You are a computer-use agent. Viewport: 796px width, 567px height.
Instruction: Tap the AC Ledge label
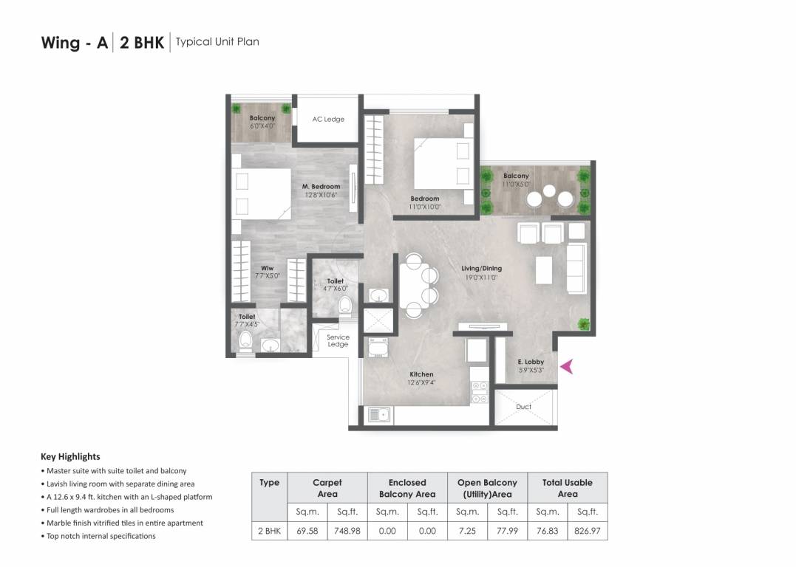tap(328, 119)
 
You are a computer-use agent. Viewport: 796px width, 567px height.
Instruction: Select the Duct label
tap(523, 407)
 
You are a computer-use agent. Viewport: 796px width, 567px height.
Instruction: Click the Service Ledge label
tap(338, 340)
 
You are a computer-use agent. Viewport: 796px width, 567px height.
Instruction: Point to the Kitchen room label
tap(421, 374)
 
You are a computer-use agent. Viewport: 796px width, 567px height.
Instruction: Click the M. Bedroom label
tap(321, 187)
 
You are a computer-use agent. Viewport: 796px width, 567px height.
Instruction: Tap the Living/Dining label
tap(481, 269)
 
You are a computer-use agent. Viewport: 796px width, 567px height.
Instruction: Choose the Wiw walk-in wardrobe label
tap(267, 268)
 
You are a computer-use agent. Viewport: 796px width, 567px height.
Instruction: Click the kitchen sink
tap(380, 415)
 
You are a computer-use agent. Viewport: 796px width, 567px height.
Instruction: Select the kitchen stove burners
tap(479, 391)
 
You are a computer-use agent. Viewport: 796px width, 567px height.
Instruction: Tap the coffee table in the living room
tap(543, 270)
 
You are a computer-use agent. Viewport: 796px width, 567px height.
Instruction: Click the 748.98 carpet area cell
tap(347, 530)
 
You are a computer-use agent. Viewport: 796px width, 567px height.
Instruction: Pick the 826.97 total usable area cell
tap(588, 530)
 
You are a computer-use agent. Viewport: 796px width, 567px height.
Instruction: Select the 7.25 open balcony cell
tap(467, 530)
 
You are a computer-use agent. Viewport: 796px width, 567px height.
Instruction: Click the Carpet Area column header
tap(327, 488)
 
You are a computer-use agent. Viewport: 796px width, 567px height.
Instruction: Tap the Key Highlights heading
tap(70, 456)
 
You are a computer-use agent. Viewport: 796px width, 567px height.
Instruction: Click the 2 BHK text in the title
tap(142, 42)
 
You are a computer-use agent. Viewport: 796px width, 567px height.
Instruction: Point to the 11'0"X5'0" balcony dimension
tap(517, 185)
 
